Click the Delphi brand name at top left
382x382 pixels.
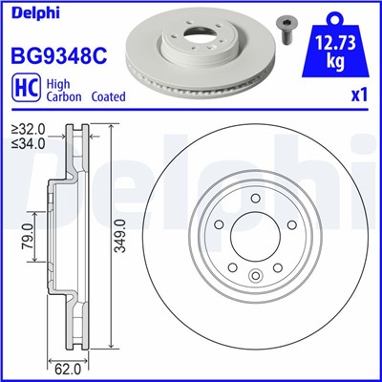pyautogui.click(x=32, y=12)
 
